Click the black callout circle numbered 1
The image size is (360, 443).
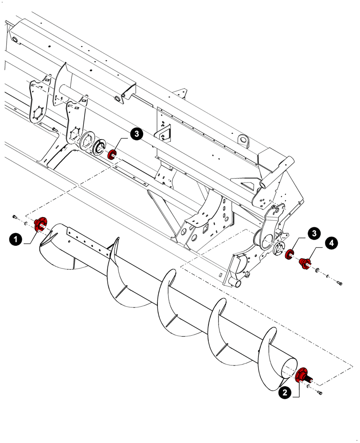point(16,239)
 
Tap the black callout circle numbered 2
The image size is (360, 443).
point(285,392)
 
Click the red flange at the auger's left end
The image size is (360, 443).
point(41,224)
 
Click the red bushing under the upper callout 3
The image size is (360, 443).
point(112,154)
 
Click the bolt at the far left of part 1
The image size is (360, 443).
point(15,216)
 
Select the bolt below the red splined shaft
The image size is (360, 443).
point(321,393)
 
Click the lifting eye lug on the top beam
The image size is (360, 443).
point(243,140)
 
